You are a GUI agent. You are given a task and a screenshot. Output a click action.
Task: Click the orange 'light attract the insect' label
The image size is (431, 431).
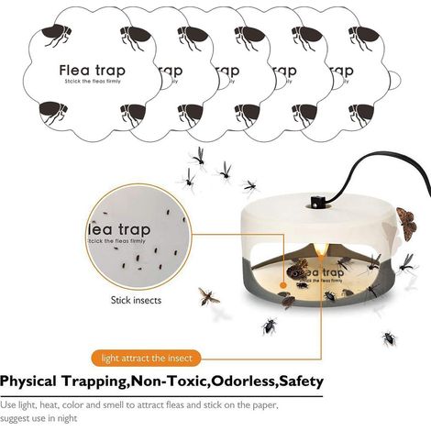147,358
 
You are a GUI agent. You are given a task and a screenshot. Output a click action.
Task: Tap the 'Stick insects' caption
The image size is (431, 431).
136,300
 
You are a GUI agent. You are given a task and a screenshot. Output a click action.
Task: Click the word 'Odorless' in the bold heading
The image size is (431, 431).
244,381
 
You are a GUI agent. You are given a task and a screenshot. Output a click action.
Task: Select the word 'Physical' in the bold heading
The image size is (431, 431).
28,381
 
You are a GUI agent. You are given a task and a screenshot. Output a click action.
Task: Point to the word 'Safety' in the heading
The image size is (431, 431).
302,381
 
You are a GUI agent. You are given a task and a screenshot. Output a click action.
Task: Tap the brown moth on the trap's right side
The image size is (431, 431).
407,223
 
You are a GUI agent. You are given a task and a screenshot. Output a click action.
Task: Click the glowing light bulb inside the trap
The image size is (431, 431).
321,249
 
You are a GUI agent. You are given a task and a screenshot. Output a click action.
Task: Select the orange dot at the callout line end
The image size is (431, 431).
283,285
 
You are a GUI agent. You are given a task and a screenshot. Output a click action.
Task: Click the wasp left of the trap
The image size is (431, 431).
208,296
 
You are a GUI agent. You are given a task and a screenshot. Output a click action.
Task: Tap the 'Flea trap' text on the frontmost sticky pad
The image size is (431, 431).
93,71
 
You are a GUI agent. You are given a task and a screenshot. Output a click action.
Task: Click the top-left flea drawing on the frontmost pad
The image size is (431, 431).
57,35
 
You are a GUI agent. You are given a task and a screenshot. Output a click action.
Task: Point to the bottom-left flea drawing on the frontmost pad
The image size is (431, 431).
53,113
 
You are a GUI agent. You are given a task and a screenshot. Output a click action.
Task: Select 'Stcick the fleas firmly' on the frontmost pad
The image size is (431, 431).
93,82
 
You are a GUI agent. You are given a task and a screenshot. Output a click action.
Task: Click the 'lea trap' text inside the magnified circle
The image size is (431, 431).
119,229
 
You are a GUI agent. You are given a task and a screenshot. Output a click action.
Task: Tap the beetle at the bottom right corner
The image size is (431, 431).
389,338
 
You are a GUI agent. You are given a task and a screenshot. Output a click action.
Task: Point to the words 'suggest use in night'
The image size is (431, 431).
39,418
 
